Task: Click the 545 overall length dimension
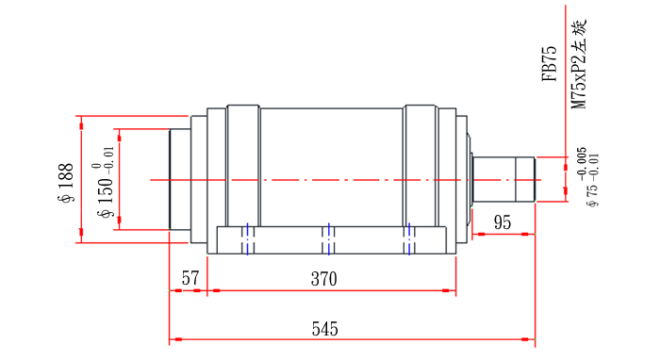coord(324,329)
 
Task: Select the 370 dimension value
coord(324,279)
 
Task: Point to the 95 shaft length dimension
coord(503,223)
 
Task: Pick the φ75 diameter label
coord(592,190)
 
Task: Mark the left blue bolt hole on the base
coord(247,238)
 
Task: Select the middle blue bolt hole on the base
coord(327,238)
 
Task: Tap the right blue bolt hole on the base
coord(409,238)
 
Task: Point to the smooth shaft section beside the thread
coord(494,178)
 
